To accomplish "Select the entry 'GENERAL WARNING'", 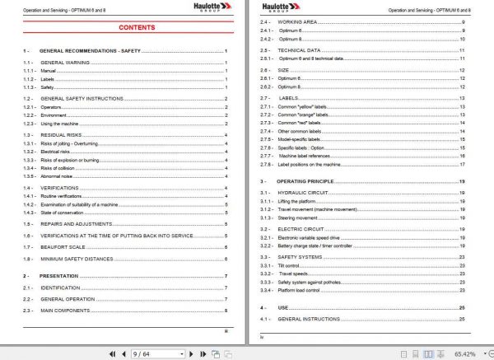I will point(66,63).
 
